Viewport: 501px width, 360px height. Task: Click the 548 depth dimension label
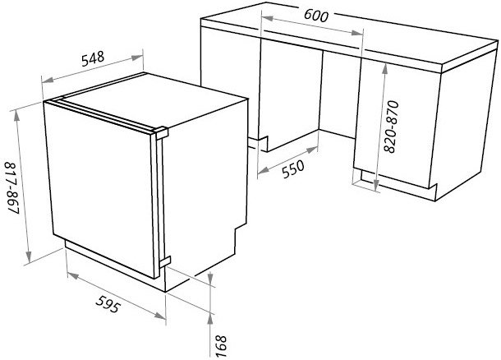point(93,59)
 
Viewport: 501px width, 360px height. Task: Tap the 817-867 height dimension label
point(12,188)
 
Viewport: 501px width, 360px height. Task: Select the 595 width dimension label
point(108,304)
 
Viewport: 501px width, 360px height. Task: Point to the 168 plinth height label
point(220,346)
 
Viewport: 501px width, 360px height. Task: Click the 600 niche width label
point(316,16)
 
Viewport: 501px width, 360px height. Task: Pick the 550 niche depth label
point(293,168)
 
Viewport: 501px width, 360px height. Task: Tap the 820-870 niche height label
point(391,127)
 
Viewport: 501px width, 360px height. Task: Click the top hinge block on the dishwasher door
point(161,132)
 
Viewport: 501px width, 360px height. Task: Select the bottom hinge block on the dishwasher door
point(165,261)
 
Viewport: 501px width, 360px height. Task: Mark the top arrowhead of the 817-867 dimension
point(17,117)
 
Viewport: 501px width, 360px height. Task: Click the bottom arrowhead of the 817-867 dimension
point(29,256)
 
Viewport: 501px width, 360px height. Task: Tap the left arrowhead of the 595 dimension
point(73,275)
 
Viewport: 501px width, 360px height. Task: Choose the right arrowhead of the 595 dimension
point(160,316)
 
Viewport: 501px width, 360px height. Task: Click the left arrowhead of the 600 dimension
point(267,18)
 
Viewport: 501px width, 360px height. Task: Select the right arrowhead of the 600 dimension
point(357,33)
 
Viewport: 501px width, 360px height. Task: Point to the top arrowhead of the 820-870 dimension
point(385,69)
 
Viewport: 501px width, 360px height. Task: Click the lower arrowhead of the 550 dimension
point(263,171)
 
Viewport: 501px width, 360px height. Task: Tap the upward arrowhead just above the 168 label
point(210,319)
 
